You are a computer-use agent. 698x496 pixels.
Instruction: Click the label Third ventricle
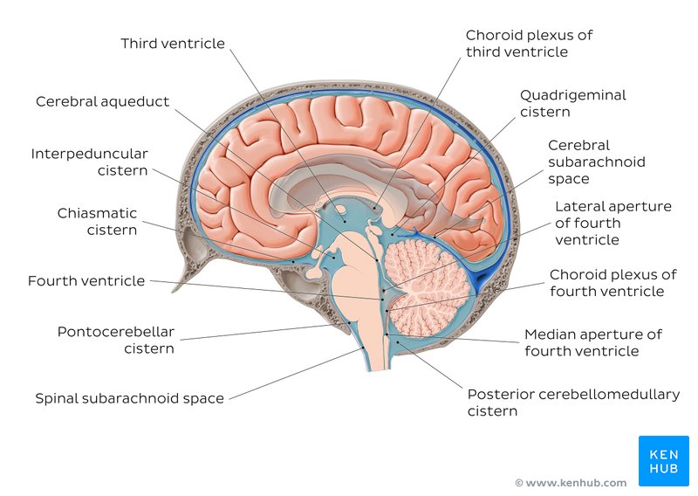tap(173, 44)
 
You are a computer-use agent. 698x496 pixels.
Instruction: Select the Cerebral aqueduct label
tap(102, 101)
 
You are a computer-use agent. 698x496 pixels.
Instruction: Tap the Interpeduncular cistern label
tap(89, 162)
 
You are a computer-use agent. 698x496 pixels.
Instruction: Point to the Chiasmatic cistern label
tap(97, 221)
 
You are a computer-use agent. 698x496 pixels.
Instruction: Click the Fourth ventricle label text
tap(86, 281)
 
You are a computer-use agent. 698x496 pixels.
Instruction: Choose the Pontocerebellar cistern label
tap(116, 340)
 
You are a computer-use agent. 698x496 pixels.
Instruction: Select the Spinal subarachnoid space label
tap(129, 398)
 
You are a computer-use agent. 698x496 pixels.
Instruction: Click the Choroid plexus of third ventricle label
tap(529, 44)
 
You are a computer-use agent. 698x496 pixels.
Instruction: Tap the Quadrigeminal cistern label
tap(572, 103)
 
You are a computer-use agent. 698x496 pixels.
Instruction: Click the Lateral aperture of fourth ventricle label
tap(613, 223)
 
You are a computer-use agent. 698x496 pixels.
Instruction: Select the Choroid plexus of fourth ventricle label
tap(612, 283)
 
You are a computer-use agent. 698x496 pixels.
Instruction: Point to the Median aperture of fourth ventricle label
tap(593, 342)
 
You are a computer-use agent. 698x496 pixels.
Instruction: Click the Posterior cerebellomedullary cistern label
tap(573, 402)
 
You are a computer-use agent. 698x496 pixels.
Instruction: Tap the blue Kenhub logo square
tap(664, 460)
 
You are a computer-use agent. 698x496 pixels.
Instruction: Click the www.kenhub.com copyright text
tap(571, 483)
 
